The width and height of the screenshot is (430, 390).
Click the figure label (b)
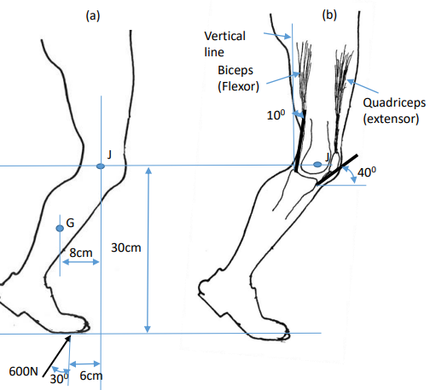[328, 15]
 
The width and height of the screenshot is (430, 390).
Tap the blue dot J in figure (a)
[100, 166]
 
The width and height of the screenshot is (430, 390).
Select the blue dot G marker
[60, 229]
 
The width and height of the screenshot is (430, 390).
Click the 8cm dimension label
[81, 253]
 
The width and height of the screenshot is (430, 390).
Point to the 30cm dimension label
[127, 248]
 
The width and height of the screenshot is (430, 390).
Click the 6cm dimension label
[91, 375]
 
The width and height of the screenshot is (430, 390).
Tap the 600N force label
[24, 371]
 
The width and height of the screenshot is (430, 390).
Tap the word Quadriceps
[391, 103]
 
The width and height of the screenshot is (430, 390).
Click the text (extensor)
[391, 120]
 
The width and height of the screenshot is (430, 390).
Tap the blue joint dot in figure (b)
[317, 162]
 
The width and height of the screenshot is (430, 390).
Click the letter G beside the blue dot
[70, 223]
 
